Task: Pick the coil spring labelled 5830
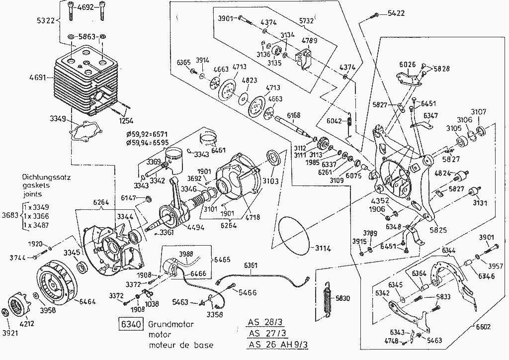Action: (x=327, y=298)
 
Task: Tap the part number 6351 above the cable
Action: (x=252, y=266)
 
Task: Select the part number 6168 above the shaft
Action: (x=293, y=115)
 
